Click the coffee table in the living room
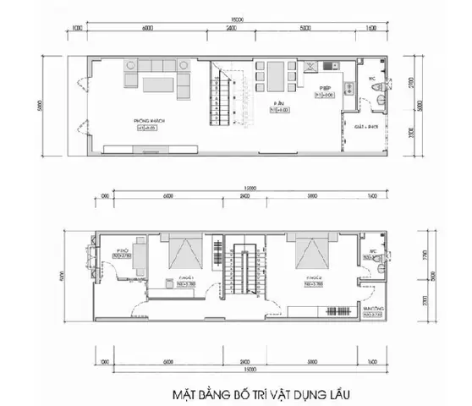pos(159,84)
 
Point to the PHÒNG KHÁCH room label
pos(149,122)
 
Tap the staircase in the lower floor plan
pos(243,271)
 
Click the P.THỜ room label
pos(118,251)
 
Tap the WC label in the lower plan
pos(372,251)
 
